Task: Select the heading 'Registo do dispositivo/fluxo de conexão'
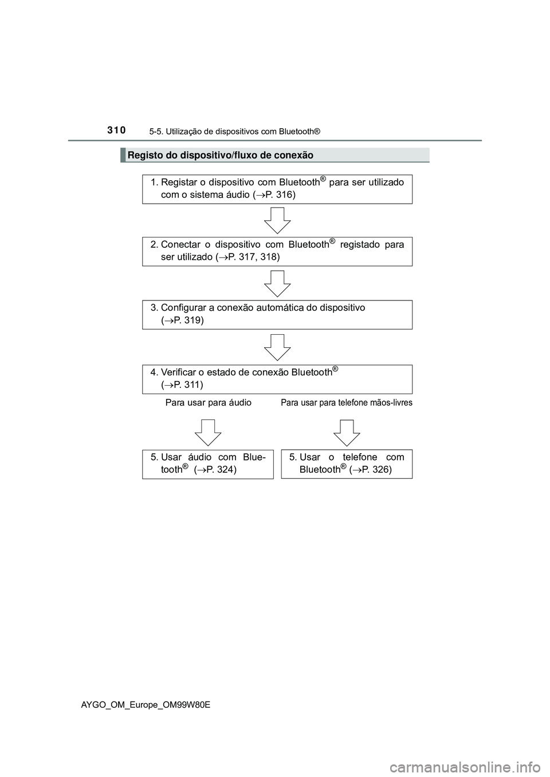(220, 155)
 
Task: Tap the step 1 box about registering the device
(277, 189)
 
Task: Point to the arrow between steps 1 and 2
(278, 220)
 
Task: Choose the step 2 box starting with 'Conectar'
(277, 251)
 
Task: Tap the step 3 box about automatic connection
(277, 314)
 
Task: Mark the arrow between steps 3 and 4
(278, 347)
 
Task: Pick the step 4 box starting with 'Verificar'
(277, 378)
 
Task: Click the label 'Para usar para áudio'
(209, 403)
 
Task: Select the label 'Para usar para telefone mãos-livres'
(347, 403)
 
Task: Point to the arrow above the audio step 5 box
(208, 433)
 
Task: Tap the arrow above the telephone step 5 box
(347, 433)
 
